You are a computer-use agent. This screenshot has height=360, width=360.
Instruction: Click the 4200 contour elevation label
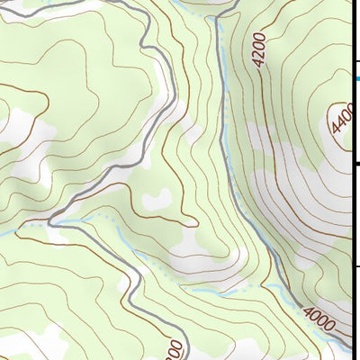(x=260, y=50)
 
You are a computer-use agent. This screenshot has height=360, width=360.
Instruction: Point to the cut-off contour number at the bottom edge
(x=175, y=349)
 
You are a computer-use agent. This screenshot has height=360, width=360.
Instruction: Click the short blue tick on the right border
(x=356, y=79)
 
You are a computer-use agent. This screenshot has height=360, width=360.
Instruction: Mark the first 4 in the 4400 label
(x=335, y=132)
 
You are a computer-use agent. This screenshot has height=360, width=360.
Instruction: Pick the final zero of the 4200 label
(x=259, y=37)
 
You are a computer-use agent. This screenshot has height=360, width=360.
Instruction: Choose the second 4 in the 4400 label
(x=340, y=122)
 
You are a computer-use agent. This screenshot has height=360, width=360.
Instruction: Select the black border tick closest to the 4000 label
(x=356, y=265)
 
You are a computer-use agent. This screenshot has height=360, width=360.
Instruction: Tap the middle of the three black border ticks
(x=356, y=164)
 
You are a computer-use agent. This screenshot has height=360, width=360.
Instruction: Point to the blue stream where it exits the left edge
(x=2, y=236)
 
